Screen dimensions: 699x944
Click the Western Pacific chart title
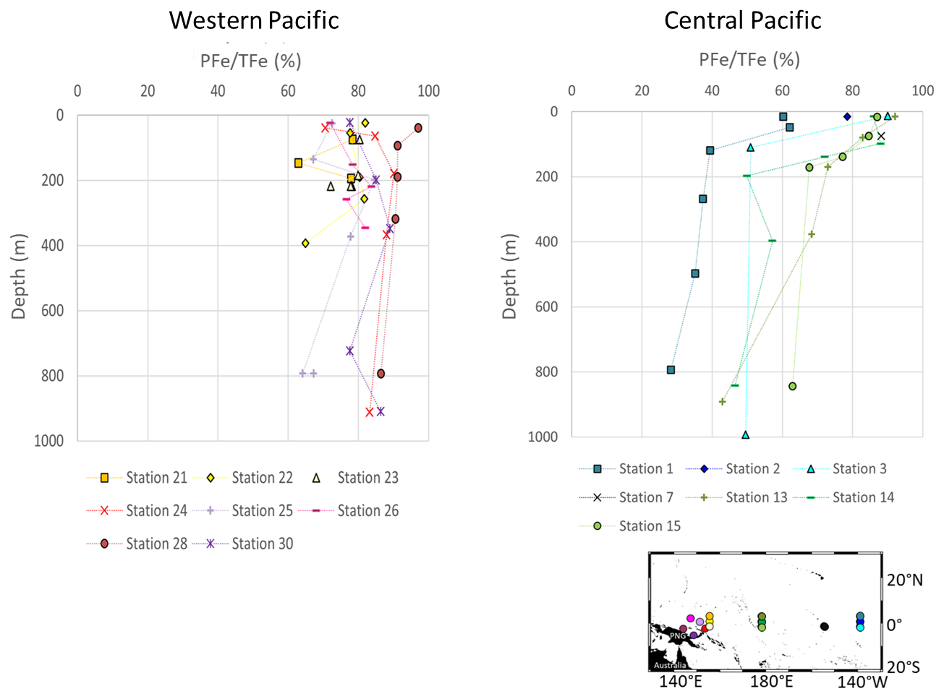[254, 20]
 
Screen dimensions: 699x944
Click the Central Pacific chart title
[742, 20]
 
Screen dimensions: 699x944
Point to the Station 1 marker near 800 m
[671, 370]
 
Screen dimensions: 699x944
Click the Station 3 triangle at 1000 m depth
[745, 434]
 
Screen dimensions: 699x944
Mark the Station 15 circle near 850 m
[792, 386]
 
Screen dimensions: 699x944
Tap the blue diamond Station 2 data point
[847, 117]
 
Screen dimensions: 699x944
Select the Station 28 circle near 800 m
[380, 374]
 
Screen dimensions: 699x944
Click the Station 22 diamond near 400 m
[305, 244]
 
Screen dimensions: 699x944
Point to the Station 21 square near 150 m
[298, 163]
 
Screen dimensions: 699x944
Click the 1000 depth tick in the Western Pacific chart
[48, 441]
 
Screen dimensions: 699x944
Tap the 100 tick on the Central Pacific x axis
[922, 91]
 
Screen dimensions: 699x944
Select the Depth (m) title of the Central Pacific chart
[510, 276]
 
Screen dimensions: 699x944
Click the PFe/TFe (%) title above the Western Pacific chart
[250, 61]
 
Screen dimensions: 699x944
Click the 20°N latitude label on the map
[904, 580]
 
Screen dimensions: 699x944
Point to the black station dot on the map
[824, 627]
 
